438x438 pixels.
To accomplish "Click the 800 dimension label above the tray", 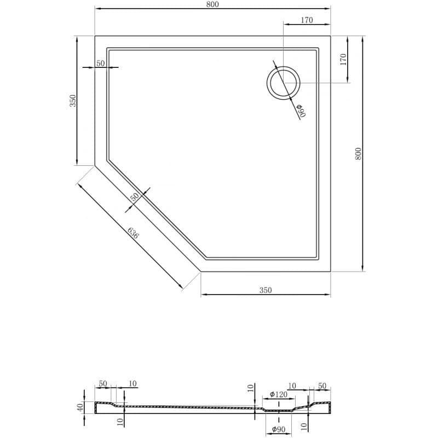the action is pos(212,4).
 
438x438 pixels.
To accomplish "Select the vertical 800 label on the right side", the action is pos(358,154).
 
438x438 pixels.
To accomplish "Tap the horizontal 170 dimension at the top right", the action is pos(307,20).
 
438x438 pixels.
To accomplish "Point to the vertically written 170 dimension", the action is pos(343,59).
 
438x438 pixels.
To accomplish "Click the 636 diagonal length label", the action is pos(133,233).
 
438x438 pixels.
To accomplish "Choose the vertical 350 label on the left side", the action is pos(73,101).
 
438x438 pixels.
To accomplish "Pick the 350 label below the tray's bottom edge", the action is pos(266,290).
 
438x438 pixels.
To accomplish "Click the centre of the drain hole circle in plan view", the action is pos(283,83).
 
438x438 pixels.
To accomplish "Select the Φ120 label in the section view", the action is pos(279,394).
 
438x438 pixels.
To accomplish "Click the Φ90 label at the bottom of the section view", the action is pos(278,429).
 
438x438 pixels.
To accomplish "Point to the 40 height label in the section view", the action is pos(80,407).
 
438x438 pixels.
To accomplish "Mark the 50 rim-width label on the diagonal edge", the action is pos(135,197).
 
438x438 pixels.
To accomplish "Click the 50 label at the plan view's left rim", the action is pos(101,64).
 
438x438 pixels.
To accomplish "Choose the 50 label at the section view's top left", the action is pos(103,384).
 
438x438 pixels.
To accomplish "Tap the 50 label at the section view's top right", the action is pos(322,386).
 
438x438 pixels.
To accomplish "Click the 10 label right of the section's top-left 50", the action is pos(132,384).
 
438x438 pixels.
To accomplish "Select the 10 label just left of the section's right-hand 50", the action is pos(292,386).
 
